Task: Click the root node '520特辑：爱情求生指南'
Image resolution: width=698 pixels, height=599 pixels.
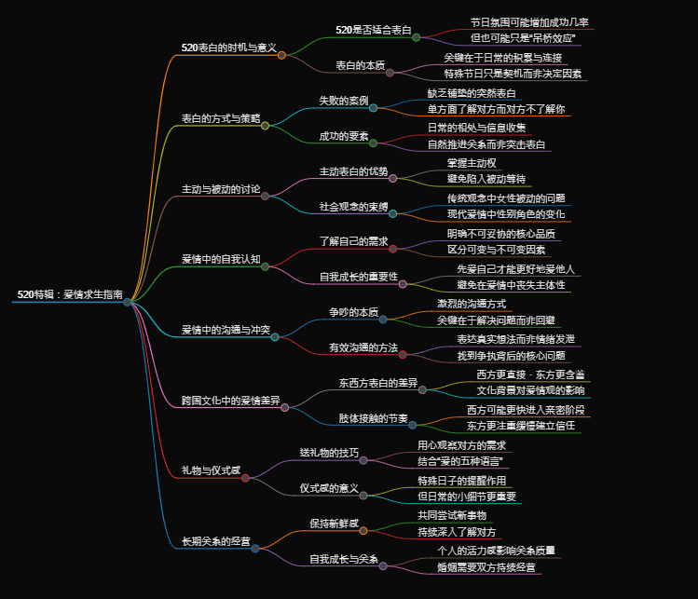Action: pos(69,294)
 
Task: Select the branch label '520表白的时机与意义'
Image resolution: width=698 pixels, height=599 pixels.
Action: pos(228,48)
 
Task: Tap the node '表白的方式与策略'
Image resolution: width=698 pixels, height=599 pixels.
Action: pos(221,118)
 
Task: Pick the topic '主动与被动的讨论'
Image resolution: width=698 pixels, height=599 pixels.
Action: pos(221,189)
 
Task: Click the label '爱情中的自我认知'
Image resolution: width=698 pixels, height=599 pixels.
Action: pos(221,259)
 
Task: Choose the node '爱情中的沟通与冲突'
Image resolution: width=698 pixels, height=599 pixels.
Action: pos(226,330)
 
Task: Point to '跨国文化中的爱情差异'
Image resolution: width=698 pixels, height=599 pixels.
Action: pos(230,400)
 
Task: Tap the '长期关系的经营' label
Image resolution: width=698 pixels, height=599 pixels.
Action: pos(215,541)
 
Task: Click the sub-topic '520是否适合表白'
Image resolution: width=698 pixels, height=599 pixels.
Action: pos(374,30)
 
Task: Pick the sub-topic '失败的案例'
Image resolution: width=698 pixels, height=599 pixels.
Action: pos(344,101)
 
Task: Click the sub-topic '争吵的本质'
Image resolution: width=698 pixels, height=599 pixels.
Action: pos(353,311)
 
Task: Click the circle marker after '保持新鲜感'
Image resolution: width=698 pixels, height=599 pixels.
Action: pos(363,531)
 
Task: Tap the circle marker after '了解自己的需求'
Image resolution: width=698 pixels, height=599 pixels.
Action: pos(392,249)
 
